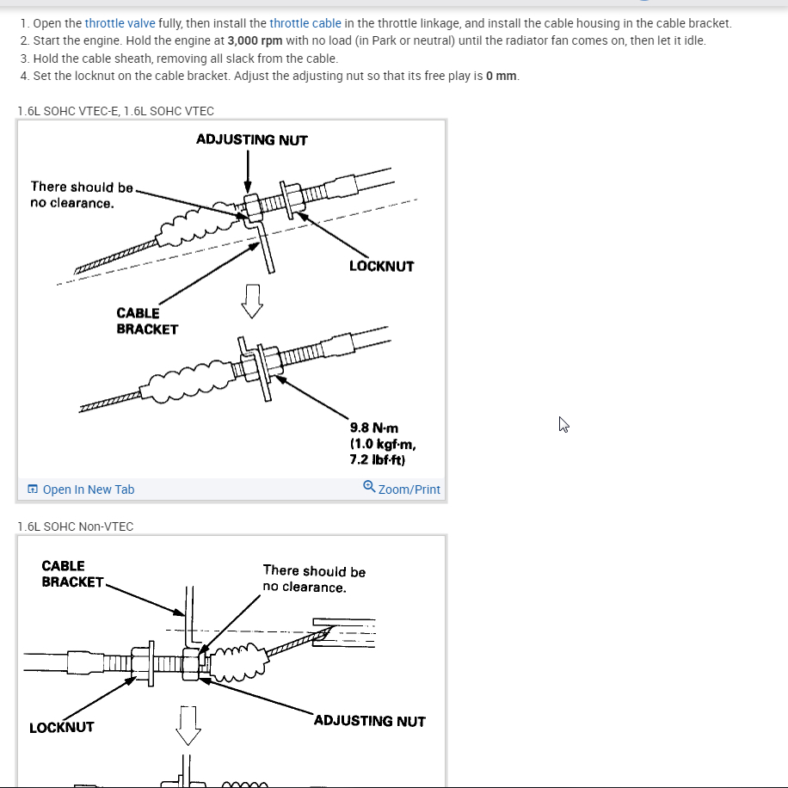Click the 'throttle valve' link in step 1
point(120,23)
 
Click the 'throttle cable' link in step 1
point(305,23)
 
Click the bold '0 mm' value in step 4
point(502,76)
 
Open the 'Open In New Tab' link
point(88,489)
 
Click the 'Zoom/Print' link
point(409,489)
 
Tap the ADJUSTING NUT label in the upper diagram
point(251,139)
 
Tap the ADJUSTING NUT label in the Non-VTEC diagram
point(369,721)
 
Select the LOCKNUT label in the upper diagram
point(381,266)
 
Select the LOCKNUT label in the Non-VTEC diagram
point(62,727)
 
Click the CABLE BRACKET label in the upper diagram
point(147,321)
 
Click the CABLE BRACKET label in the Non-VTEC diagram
point(72,574)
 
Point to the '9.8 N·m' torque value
point(374,428)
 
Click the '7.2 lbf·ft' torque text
point(378,460)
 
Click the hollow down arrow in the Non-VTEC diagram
point(188,725)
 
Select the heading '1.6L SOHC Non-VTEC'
point(76,526)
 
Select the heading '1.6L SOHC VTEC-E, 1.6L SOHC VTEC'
point(116,110)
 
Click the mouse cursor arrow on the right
point(563,423)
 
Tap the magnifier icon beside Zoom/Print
point(369,487)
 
